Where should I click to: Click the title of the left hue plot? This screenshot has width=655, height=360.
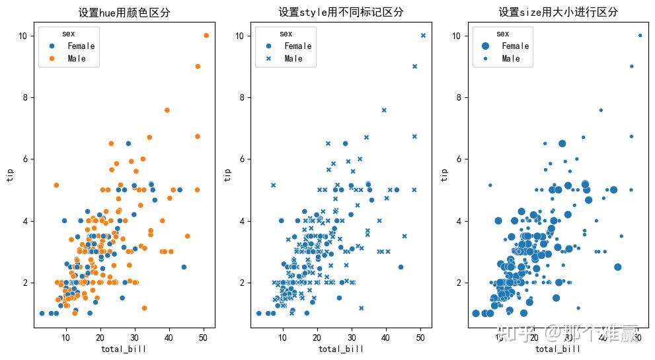pos(124,12)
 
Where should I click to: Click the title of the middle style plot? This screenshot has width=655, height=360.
pos(341,12)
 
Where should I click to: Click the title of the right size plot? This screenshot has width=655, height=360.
pos(558,12)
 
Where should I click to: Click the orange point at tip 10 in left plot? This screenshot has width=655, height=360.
pos(206,35)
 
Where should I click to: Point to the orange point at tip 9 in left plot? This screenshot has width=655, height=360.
pos(198,66)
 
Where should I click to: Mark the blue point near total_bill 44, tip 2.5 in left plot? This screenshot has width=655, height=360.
pos(184,267)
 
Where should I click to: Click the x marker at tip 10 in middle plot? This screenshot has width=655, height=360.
pos(423,35)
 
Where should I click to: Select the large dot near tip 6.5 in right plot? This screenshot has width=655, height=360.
pos(562,143)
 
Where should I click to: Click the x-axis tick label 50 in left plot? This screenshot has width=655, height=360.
pos(204,338)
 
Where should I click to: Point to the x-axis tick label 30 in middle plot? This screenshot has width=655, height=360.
pos(352,338)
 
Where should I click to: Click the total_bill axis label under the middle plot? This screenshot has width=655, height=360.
pos(341,349)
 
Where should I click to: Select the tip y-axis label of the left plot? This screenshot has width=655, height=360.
pos(10,174)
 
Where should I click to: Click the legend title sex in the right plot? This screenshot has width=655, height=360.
pos(502,34)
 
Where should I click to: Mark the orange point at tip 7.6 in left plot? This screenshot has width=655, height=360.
pos(167,110)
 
